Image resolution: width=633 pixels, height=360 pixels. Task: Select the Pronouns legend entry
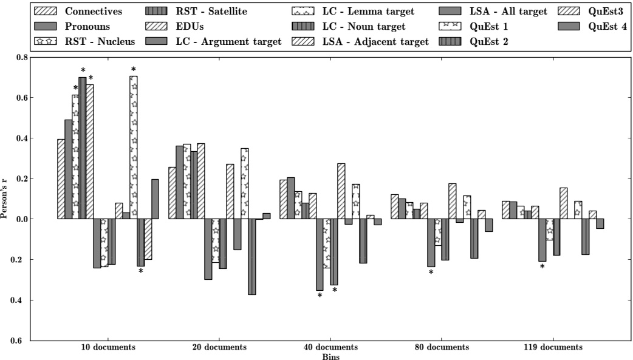[87, 26]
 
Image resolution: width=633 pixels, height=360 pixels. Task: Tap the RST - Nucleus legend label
[100, 41]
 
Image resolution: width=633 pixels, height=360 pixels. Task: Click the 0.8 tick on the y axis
[22, 57]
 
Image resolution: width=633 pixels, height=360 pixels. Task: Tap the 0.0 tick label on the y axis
[22, 219]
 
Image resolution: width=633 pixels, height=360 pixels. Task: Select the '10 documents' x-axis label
[108, 347]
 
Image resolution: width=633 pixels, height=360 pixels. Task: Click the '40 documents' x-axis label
[330, 347]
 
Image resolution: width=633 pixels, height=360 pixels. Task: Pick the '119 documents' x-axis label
[552, 347]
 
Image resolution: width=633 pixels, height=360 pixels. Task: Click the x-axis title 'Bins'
[330, 356]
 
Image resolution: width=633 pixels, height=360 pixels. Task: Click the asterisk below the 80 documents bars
[431, 273]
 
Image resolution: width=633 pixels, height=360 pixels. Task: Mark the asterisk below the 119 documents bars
[542, 267]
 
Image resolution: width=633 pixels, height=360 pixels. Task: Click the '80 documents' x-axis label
[441, 347]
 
